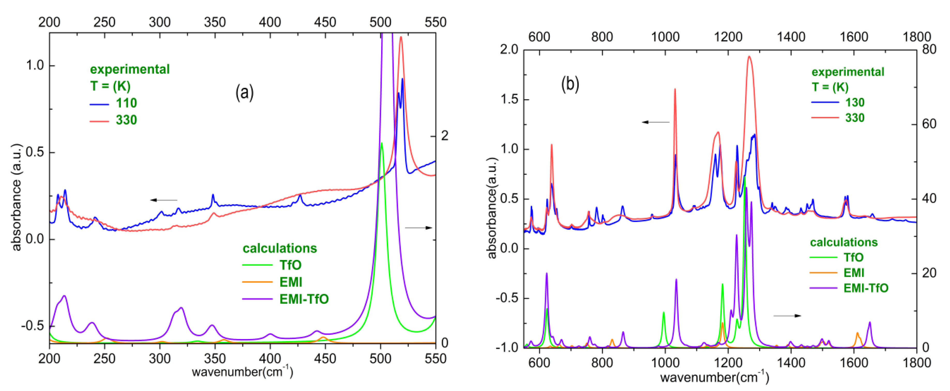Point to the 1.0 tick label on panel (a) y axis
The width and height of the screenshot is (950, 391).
coord(35,66)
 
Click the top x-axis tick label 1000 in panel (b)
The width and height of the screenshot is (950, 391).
coord(665,37)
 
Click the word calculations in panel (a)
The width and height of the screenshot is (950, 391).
coord(280,248)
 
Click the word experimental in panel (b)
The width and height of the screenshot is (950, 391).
coord(848,72)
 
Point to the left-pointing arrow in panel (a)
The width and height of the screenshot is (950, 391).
coord(164,200)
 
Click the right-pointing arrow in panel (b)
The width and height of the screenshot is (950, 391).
coord(787,316)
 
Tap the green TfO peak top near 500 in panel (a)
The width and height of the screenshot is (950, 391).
coord(382,143)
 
